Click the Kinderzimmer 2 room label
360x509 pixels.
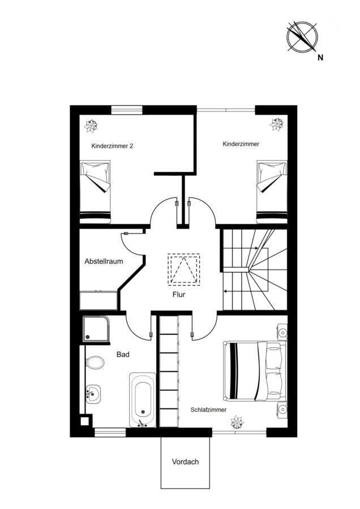pos(112,146)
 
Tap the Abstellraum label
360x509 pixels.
pos(104,261)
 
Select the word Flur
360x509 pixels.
pos(179,295)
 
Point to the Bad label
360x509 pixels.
pos(123,355)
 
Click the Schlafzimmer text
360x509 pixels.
pos(209,409)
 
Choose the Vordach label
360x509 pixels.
pos(185,461)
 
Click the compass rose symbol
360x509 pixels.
pos(302,36)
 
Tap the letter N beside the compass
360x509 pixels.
pos(320,58)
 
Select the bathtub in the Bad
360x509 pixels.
pos(143,400)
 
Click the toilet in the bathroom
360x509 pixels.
pos(95,363)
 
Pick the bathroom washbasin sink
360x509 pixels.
pos(93,394)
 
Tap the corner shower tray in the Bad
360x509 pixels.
pos(96,329)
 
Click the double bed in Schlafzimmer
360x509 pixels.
pos(255,370)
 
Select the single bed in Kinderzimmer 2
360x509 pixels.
pos(96,192)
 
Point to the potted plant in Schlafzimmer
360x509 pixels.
pos(237,422)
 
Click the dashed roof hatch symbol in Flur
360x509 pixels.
pos(183,270)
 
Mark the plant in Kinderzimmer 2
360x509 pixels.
pos(91,126)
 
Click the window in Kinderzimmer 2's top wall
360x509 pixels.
pos(127,110)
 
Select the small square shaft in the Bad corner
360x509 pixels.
pos(84,421)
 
